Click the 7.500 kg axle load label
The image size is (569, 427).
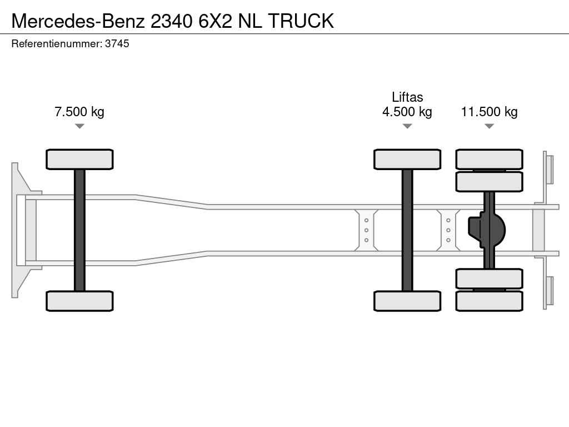click(79, 111)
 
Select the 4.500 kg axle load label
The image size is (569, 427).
click(407, 111)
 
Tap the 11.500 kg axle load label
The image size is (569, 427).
click(489, 111)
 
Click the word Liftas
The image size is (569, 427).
click(407, 97)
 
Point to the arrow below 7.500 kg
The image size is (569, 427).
click(79, 126)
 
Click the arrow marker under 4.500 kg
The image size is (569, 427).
click(407, 126)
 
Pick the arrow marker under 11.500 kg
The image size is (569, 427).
click(489, 126)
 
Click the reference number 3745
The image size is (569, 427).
click(117, 43)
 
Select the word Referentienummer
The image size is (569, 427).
click(57, 43)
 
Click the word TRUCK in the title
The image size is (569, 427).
click(301, 21)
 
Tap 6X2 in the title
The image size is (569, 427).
click(215, 21)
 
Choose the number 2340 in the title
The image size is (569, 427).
click(171, 21)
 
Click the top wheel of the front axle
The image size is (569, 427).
click(79, 160)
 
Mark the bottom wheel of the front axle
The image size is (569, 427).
click(79, 301)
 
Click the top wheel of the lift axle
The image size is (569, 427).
click(407, 160)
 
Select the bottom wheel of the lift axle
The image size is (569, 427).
click(407, 301)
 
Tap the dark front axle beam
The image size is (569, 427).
click(79, 230)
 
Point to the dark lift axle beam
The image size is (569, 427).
click(407, 230)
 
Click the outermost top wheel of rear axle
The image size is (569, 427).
click(489, 160)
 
